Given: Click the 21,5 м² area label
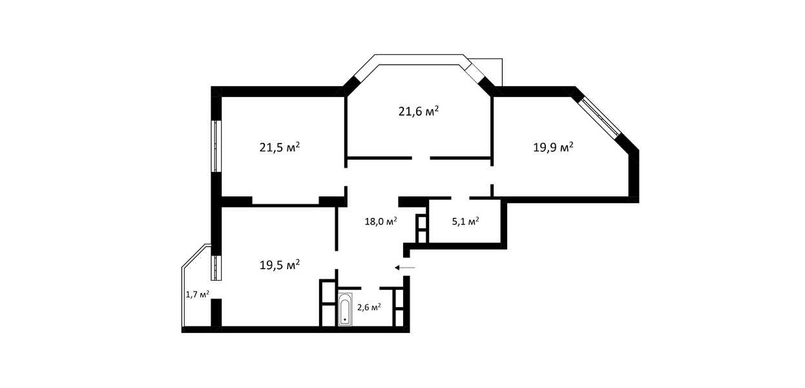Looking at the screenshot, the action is click(280, 147).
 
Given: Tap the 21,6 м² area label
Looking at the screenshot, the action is click(418, 111).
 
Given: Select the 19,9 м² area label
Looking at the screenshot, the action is click(553, 147).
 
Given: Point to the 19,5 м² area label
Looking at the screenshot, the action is click(280, 265).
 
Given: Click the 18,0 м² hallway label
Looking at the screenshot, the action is click(381, 221).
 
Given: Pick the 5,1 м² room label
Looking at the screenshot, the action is click(465, 221).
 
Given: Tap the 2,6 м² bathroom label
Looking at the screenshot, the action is click(369, 307).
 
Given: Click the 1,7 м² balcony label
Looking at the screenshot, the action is click(197, 294).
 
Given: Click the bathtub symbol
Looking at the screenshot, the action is click(345, 309).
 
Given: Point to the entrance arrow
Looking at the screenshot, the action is click(404, 268).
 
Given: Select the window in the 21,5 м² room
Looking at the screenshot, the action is click(216, 145).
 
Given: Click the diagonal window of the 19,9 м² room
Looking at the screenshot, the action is click(599, 117).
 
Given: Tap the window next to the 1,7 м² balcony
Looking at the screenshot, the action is click(216, 267).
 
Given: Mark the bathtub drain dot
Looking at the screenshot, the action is click(345, 319).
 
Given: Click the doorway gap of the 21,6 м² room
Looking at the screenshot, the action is click(421, 158).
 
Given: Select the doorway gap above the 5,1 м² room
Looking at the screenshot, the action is click(461, 198).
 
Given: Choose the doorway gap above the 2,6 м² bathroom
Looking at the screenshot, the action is click(370, 288).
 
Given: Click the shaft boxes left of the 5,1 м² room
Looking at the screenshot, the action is click(421, 229).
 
